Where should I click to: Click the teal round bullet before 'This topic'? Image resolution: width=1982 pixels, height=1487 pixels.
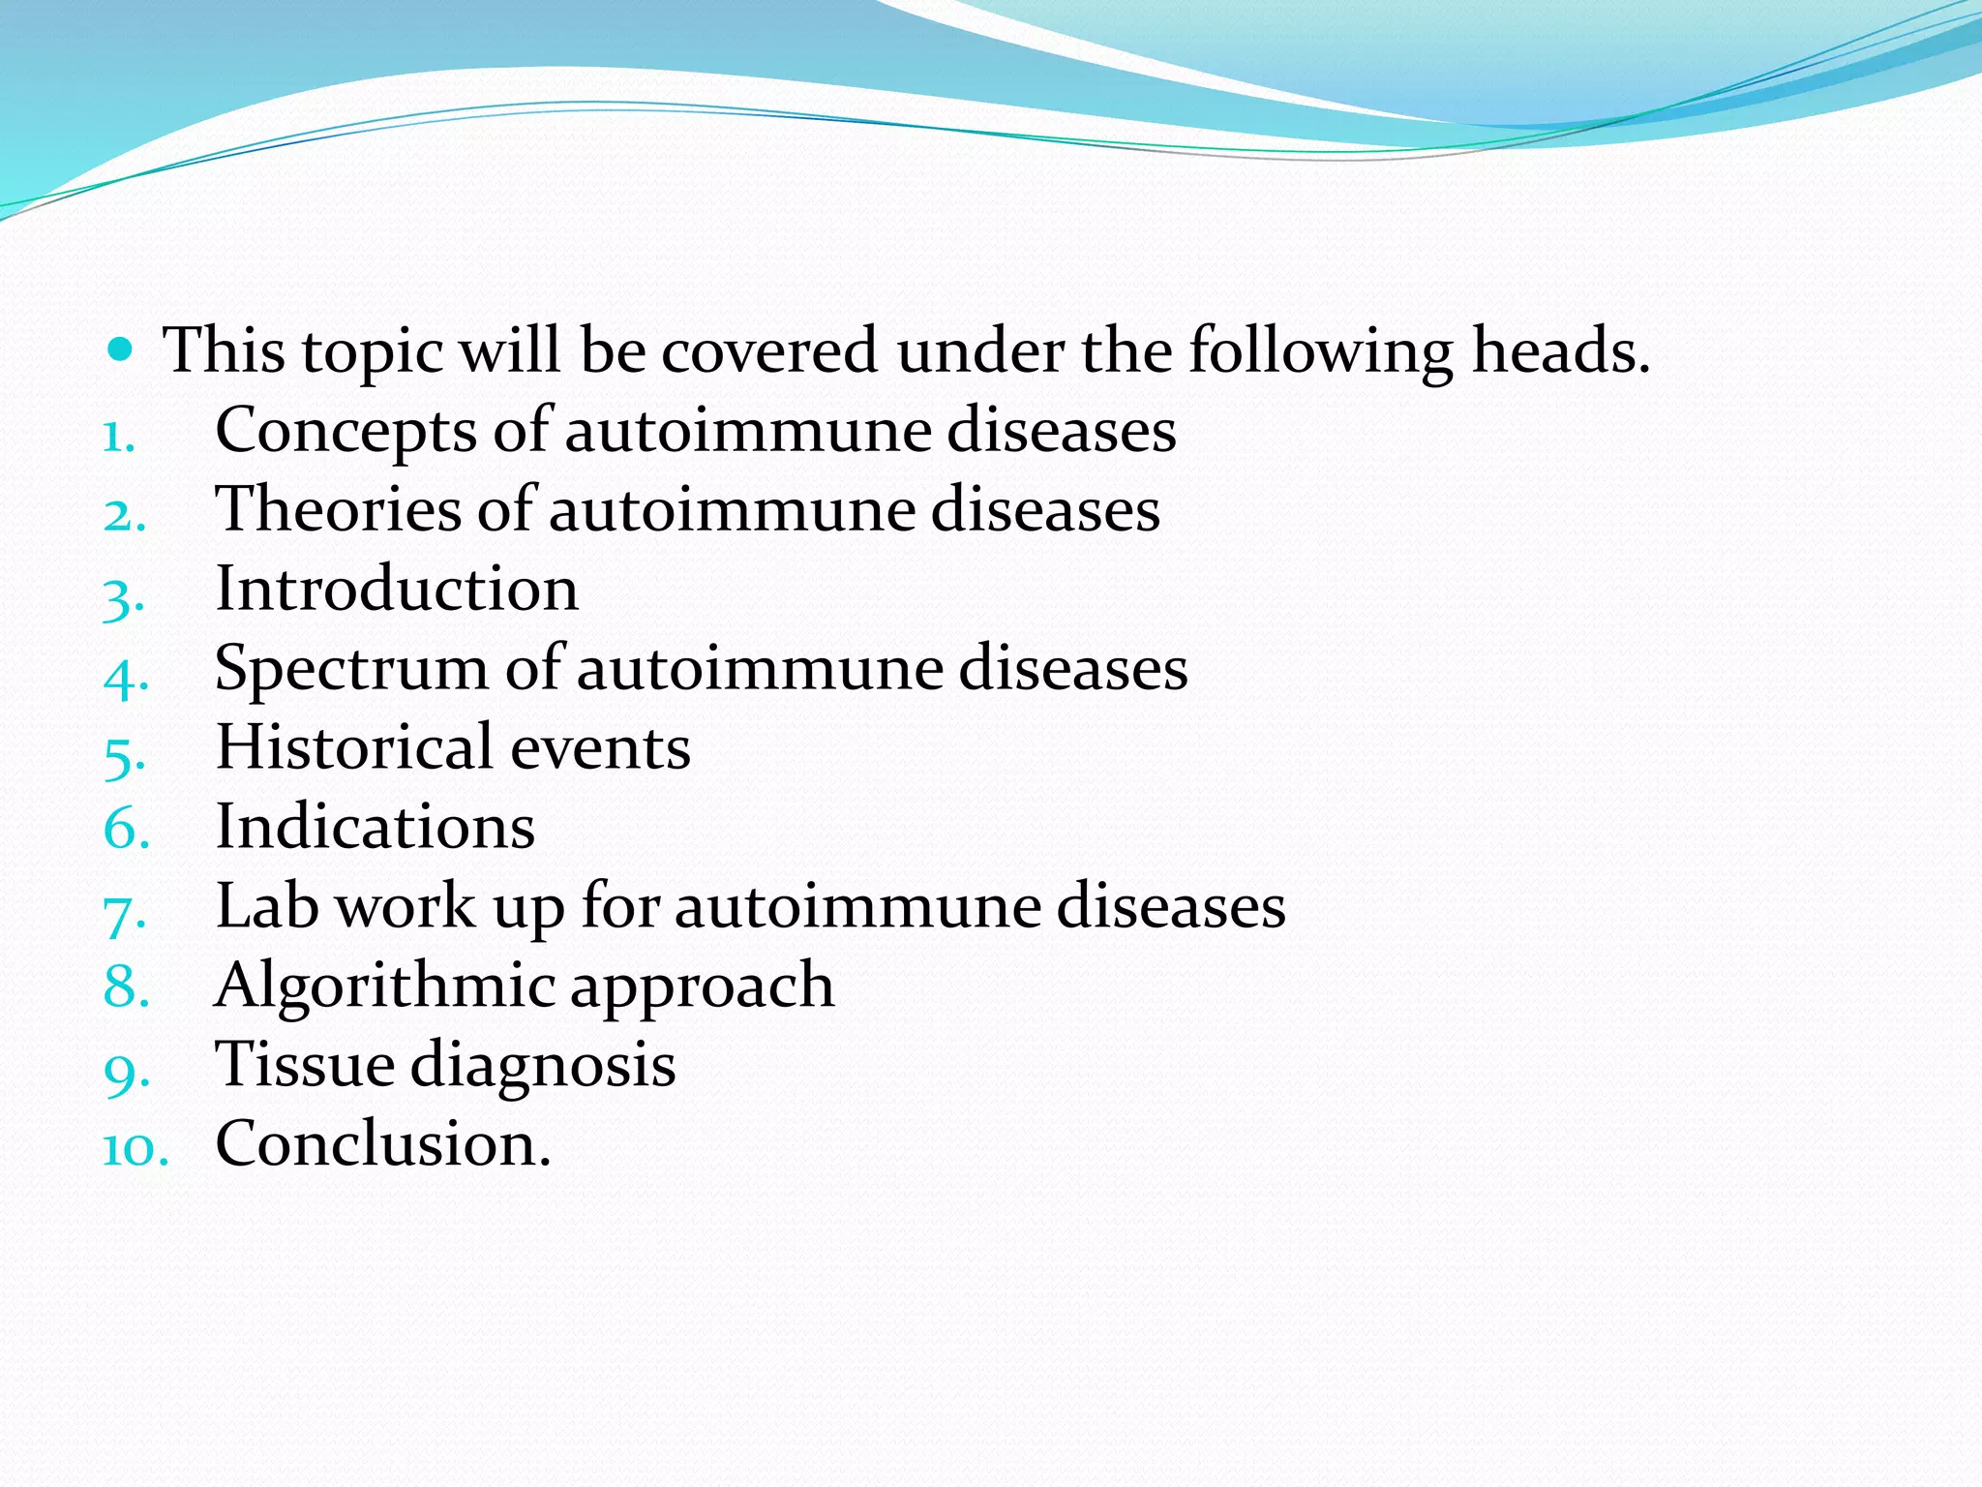119,349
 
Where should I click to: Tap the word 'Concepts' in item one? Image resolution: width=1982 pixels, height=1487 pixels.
345,431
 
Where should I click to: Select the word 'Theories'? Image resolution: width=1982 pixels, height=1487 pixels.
338,509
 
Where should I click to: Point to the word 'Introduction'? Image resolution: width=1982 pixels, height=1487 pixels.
397,589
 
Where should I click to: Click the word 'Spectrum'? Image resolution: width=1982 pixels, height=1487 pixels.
351,669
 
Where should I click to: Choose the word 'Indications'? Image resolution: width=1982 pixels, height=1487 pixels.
375,828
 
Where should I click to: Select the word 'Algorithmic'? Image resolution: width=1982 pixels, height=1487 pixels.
384,986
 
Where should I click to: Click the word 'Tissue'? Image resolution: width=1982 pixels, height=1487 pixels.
305,1065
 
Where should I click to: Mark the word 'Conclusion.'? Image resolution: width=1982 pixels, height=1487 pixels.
383,1144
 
